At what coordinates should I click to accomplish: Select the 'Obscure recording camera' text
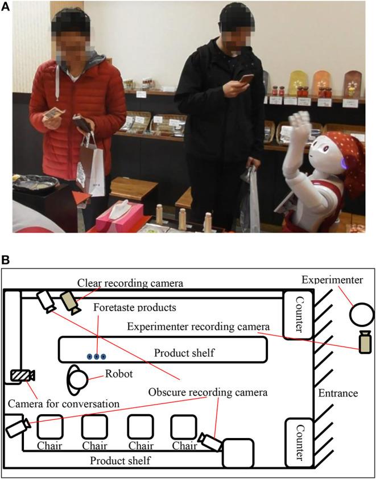[x=208, y=392]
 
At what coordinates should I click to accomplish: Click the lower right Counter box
[x=298, y=441]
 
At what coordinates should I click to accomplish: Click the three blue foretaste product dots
[x=97, y=356]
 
